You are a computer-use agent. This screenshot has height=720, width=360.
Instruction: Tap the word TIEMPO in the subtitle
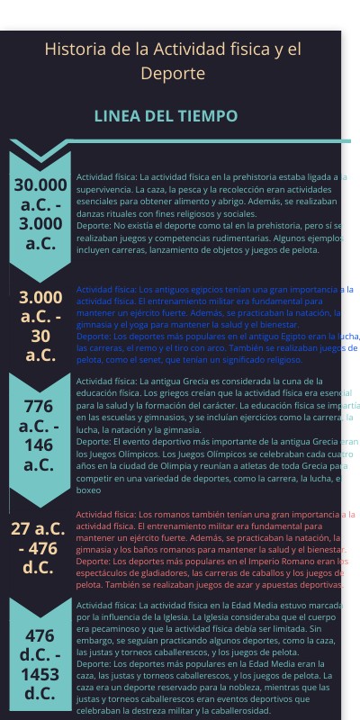pos(208,117)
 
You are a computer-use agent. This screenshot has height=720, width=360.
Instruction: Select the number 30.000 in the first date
pos(40,184)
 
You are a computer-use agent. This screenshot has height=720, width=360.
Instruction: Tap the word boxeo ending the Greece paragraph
pos(88,491)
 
